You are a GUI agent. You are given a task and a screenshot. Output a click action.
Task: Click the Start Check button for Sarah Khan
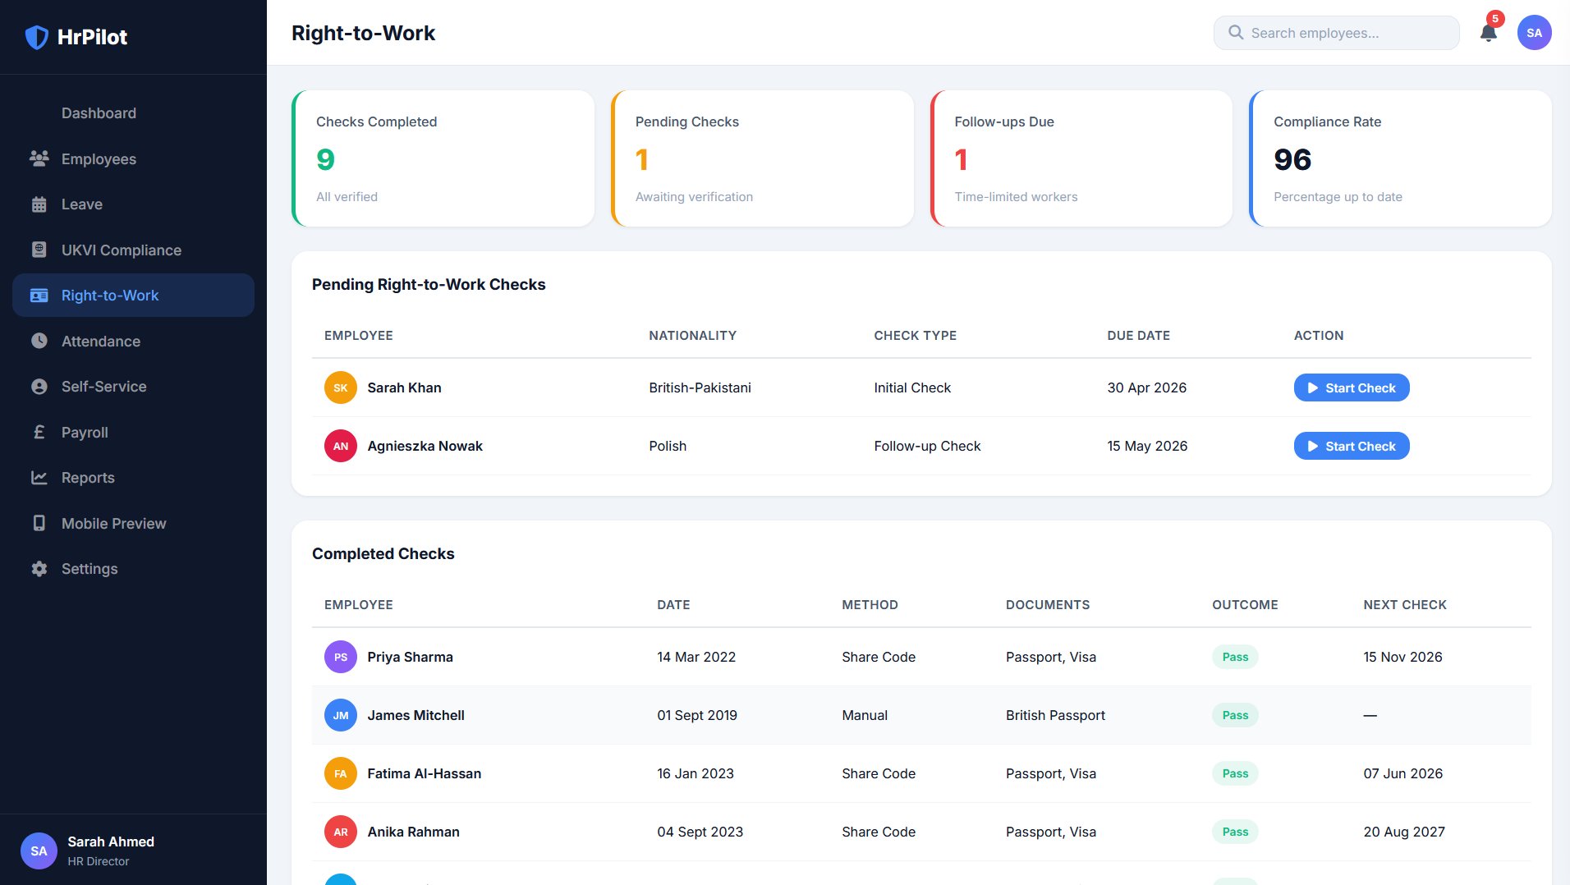(1352, 387)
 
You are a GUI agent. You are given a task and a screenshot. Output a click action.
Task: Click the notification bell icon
(1488, 33)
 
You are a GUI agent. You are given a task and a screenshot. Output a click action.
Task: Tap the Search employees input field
(1336, 33)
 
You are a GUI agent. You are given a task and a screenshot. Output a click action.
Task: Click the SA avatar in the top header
(1534, 33)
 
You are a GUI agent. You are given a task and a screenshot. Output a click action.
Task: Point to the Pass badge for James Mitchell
(1235, 715)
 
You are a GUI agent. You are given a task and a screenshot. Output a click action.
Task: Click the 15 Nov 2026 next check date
(1402, 657)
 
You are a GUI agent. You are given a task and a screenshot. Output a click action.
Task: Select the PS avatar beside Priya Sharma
(341, 657)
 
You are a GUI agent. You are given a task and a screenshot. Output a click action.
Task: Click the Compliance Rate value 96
(1292, 159)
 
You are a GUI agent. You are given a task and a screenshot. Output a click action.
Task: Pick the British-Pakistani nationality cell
(700, 387)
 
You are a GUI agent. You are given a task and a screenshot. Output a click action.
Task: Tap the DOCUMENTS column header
(1048, 605)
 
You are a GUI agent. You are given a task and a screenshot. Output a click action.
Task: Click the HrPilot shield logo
(37, 37)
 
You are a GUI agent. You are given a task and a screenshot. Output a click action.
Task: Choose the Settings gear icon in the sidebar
(39, 569)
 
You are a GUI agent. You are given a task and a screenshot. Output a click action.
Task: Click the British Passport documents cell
(1055, 715)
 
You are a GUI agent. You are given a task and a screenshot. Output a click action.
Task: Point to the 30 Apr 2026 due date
(1146, 387)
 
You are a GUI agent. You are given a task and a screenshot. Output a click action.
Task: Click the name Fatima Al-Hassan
(424, 773)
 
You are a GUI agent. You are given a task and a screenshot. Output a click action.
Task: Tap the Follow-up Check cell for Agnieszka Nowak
(927, 446)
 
